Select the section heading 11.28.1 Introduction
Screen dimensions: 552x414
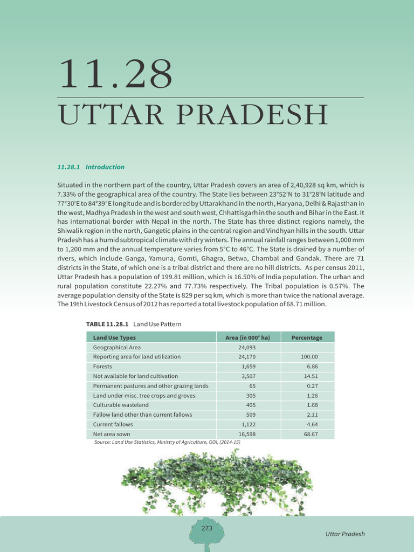click(91, 167)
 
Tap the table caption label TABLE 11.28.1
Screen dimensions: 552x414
click(108, 324)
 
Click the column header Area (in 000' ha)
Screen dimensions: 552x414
click(247, 337)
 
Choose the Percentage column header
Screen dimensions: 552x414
click(307, 337)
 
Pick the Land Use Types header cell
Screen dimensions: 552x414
click(114, 337)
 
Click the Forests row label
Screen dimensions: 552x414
click(102, 367)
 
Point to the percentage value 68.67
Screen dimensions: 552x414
click(310, 434)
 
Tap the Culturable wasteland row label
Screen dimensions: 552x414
click(121, 405)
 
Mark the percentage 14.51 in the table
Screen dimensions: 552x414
click(310, 376)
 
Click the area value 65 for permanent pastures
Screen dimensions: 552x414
click(252, 386)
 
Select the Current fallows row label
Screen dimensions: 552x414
click(113, 424)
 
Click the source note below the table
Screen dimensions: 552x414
click(167, 442)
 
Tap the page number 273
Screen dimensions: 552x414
click(207, 529)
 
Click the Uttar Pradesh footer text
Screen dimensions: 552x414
click(345, 534)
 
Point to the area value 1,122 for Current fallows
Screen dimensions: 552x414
click(248, 424)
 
